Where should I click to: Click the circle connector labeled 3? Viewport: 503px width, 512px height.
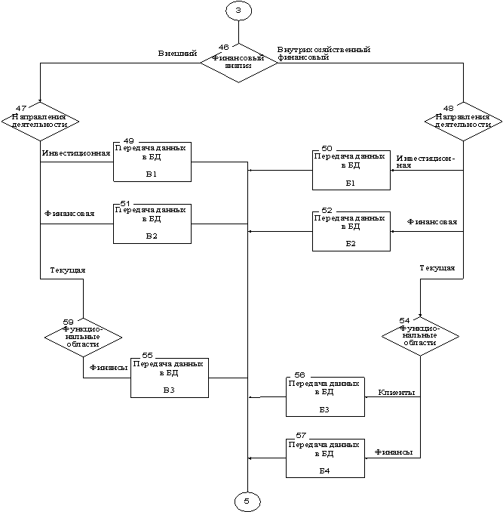pyautogui.click(x=238, y=11)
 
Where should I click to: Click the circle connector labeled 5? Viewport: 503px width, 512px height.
pyautogui.click(x=247, y=500)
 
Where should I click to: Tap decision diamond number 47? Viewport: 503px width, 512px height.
pyautogui.click(x=41, y=121)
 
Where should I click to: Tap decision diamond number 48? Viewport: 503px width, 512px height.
pyautogui.click(x=463, y=121)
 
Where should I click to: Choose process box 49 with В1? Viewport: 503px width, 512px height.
pyautogui.click(x=152, y=161)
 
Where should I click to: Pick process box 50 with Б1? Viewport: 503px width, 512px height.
pyautogui.click(x=350, y=170)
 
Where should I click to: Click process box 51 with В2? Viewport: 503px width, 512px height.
pyautogui.click(x=152, y=223)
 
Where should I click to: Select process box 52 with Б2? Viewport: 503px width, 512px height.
pyautogui.click(x=350, y=231)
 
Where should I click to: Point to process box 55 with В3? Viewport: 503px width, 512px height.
pyautogui.click(x=170, y=377)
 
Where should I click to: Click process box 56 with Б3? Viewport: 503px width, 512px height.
pyautogui.click(x=324, y=396)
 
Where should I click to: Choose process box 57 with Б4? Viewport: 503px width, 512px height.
pyautogui.click(x=324, y=458)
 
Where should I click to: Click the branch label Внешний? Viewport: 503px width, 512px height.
pyautogui.click(x=177, y=54)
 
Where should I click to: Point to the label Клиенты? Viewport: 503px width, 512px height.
pyautogui.click(x=397, y=393)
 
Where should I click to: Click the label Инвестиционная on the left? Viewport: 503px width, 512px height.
pyautogui.click(x=76, y=153)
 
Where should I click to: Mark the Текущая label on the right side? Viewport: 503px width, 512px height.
pyautogui.click(x=437, y=267)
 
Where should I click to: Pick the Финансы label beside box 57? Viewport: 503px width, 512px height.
pyautogui.click(x=394, y=452)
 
